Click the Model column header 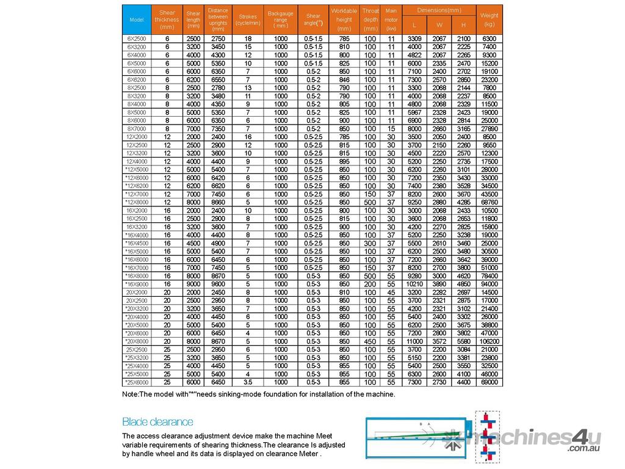(x=137, y=20)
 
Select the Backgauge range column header (x=280, y=20)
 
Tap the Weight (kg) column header (x=489, y=20)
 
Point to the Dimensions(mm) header (x=439, y=10)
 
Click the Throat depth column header (x=370, y=20)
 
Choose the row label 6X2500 (x=137, y=38)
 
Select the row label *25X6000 (x=137, y=382)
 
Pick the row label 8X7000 (x=137, y=128)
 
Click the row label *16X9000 (x=137, y=284)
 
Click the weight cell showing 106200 (x=489, y=341)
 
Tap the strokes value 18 (x=248, y=38)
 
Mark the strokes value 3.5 (x=248, y=382)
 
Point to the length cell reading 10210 (x=414, y=284)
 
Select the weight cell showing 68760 (x=489, y=202)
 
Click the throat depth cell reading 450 (x=370, y=341)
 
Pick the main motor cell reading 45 (x=391, y=292)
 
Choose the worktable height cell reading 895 (x=344, y=161)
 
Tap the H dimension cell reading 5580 (x=464, y=341)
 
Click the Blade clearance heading (x=157, y=421)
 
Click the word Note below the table (x=130, y=394)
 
